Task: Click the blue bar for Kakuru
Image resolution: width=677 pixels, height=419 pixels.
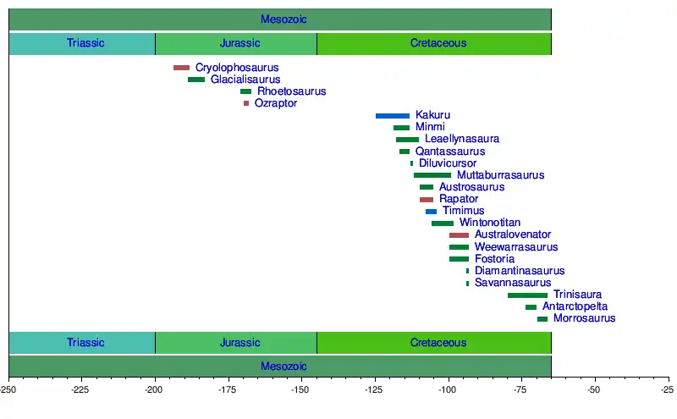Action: pyautogui.click(x=393, y=115)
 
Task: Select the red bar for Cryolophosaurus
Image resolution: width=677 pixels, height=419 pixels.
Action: pyautogui.click(x=181, y=68)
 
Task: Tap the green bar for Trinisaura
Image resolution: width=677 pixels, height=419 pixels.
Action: pyautogui.click(x=527, y=295)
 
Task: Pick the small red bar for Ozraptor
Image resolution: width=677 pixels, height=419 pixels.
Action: pyautogui.click(x=246, y=103)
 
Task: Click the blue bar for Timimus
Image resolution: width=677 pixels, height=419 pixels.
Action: pyautogui.click(x=432, y=211)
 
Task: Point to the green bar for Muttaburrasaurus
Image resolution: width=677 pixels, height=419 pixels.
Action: pyautogui.click(x=432, y=175)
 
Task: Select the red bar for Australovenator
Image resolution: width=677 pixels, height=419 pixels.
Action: pyautogui.click(x=459, y=234)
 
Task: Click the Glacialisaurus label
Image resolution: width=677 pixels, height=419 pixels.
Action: pyautogui.click(x=245, y=80)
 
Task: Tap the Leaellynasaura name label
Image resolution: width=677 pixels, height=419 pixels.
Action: pyautogui.click(x=462, y=139)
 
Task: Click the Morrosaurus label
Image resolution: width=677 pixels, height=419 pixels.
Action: pyautogui.click(x=585, y=318)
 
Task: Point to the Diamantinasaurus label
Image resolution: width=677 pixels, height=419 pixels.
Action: pyautogui.click(x=520, y=271)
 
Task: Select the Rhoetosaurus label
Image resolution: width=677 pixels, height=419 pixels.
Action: pyautogui.click(x=292, y=91)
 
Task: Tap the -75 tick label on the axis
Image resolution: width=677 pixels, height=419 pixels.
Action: pyautogui.click(x=521, y=389)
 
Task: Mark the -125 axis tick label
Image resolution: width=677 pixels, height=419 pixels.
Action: pyautogui.click(x=375, y=389)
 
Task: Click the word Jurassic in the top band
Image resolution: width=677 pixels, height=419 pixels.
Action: pyautogui.click(x=239, y=43)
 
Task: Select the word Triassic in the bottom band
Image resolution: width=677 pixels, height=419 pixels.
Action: pyautogui.click(x=85, y=343)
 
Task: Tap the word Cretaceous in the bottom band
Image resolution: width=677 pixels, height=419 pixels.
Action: pyautogui.click(x=438, y=343)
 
